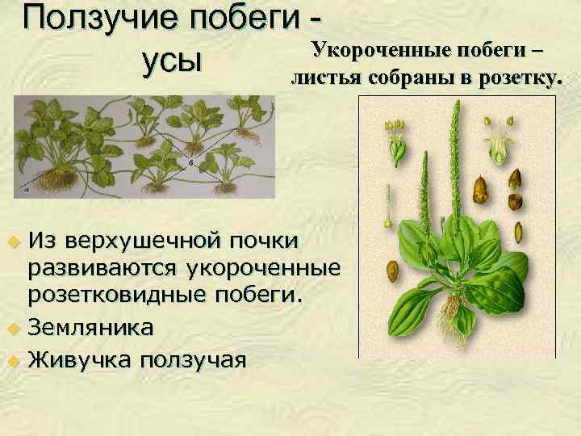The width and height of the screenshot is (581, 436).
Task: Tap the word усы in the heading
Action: (x=170, y=61)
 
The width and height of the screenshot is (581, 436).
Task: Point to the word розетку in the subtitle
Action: (x=518, y=78)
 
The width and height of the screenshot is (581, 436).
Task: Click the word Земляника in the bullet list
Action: (x=90, y=328)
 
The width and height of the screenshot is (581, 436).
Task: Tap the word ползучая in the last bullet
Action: (x=192, y=358)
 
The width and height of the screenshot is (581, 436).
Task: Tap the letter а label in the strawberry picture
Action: (x=27, y=191)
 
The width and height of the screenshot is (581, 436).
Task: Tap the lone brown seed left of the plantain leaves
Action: (x=393, y=268)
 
